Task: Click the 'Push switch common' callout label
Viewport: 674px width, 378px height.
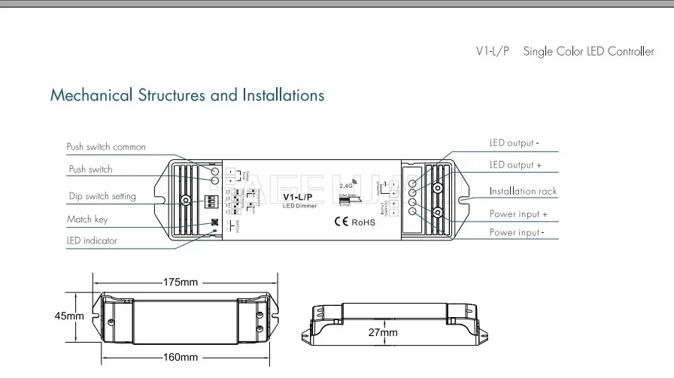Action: click(x=106, y=147)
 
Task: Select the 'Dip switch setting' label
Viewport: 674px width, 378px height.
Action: click(x=102, y=196)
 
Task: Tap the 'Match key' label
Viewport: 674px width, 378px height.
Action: click(x=88, y=219)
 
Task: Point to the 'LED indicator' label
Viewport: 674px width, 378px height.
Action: click(x=92, y=241)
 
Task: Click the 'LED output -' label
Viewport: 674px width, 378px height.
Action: click(x=515, y=143)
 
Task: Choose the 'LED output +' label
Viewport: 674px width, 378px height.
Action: click(x=515, y=165)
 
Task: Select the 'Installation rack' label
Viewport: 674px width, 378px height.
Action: click(x=523, y=192)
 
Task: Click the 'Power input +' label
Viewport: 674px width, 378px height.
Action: click(x=518, y=214)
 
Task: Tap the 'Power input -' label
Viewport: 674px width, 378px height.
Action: click(x=517, y=233)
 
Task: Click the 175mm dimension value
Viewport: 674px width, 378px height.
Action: click(x=181, y=283)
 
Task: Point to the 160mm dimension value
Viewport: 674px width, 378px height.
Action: click(x=181, y=357)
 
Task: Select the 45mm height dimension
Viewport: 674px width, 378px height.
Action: click(x=69, y=316)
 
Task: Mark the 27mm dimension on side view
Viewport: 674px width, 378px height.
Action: click(x=383, y=332)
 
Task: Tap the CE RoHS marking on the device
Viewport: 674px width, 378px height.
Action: click(x=354, y=222)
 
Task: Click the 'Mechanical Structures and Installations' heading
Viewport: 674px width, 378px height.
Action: click(x=187, y=95)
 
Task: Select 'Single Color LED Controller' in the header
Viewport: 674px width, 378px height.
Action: click(x=588, y=52)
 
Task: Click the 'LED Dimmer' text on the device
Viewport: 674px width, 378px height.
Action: click(x=300, y=207)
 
